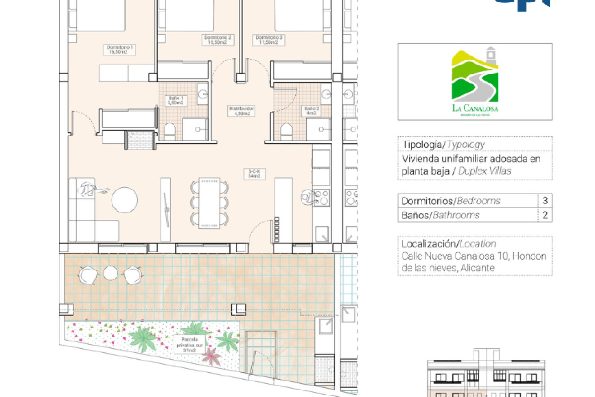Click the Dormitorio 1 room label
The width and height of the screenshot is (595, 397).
(120, 50)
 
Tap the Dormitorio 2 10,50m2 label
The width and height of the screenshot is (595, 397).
(217, 40)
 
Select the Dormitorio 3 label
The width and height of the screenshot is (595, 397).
(269, 40)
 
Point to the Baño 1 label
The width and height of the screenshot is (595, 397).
(175, 100)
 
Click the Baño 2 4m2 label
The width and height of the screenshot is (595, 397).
(311, 110)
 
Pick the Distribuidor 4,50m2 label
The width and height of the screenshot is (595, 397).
(241, 111)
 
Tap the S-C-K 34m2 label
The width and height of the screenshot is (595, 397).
(254, 174)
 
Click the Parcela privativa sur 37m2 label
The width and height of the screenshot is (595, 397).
(190, 345)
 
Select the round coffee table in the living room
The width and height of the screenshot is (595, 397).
(125, 200)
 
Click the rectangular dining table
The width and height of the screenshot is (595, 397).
(209, 203)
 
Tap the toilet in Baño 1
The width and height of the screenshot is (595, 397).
(170, 132)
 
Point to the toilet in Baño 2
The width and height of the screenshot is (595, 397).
(286, 132)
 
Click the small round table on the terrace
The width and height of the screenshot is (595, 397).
(110, 273)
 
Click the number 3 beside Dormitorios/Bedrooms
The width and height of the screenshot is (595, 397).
(545, 201)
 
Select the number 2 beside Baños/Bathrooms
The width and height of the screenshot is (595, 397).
(545, 215)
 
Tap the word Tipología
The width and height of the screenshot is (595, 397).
(422, 145)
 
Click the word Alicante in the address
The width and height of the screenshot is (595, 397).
(477, 268)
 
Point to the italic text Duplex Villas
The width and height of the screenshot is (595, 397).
(484, 171)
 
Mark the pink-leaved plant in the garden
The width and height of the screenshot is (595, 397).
(211, 357)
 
